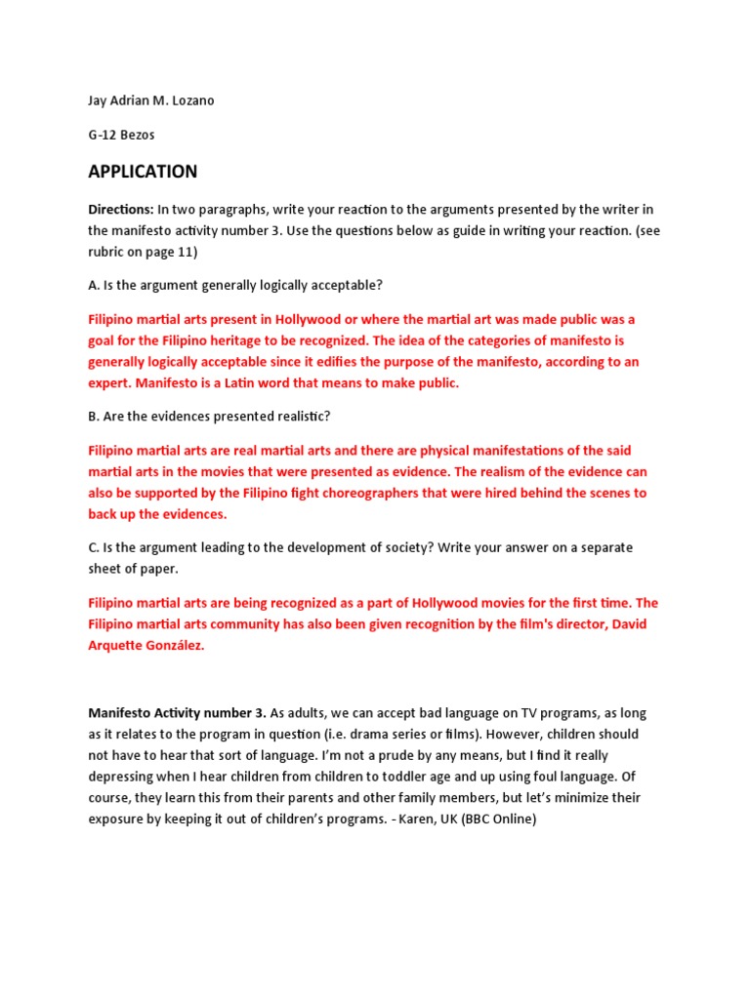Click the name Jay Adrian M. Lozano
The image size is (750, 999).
tap(151, 100)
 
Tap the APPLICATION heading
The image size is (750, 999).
tap(143, 173)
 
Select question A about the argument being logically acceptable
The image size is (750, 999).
tap(235, 285)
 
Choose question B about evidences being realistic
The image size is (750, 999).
tap(209, 417)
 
